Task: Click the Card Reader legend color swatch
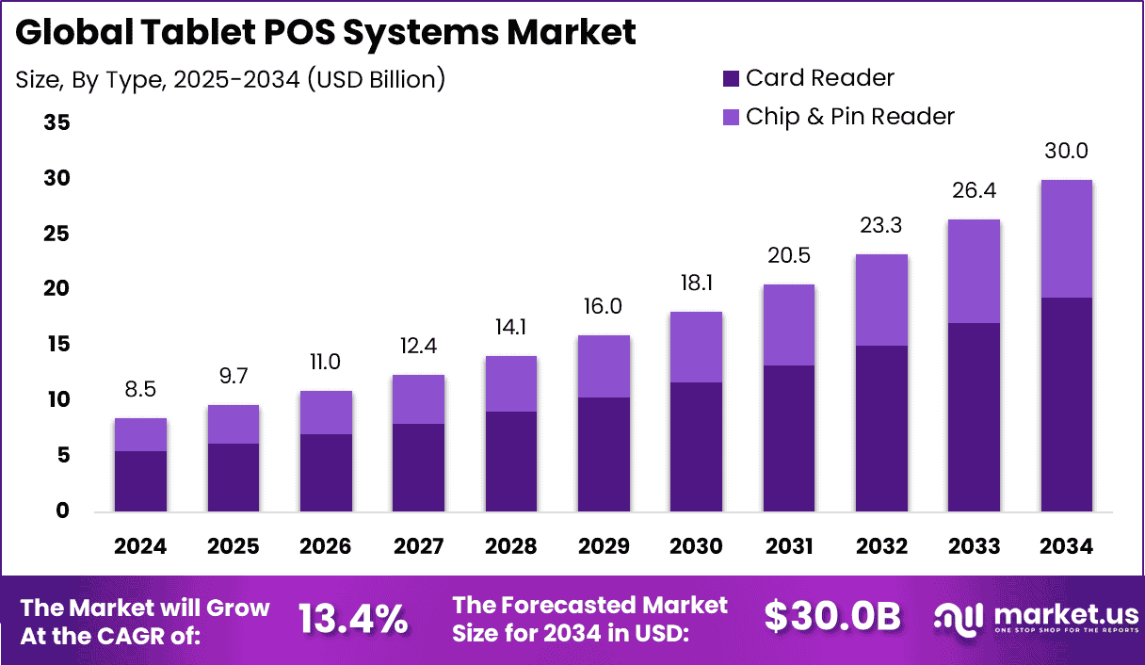tap(731, 78)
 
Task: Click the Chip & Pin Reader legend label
tap(849, 117)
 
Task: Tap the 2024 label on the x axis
tap(140, 547)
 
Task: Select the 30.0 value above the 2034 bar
tap(1066, 152)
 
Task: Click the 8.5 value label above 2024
tap(140, 390)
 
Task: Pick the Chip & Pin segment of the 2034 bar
tap(1066, 238)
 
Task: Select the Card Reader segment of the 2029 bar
tap(605, 454)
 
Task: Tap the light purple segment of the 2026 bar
tap(326, 413)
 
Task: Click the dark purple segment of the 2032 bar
tap(882, 429)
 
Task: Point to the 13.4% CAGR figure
tap(353, 619)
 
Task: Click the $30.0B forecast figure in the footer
tap(832, 616)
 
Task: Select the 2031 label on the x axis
tap(789, 547)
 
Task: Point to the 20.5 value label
tap(789, 256)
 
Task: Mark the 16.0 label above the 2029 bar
tap(605, 307)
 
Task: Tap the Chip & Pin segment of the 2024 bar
tap(140, 434)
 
